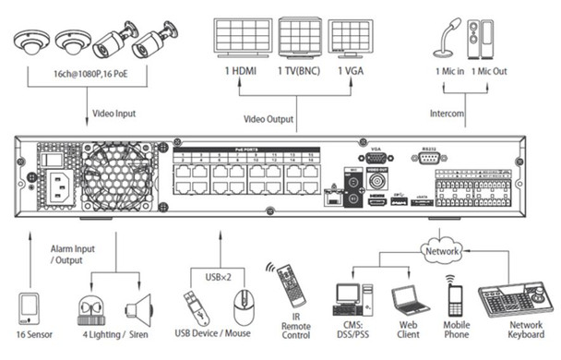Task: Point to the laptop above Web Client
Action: tap(407, 301)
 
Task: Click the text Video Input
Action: tap(115, 115)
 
